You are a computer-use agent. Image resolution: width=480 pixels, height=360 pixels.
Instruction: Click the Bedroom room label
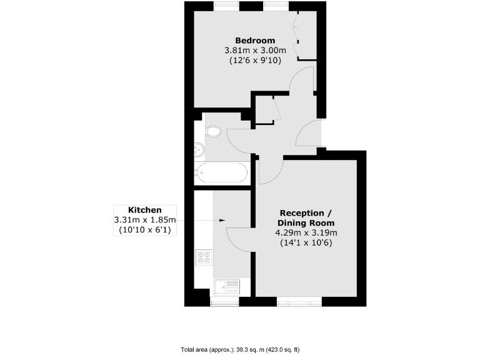click(x=255, y=41)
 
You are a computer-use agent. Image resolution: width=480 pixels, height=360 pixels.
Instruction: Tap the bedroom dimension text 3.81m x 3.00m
click(x=255, y=51)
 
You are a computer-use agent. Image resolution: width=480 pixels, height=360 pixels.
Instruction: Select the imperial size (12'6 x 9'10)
click(x=255, y=61)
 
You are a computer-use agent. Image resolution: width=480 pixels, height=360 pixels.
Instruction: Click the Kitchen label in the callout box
click(x=145, y=210)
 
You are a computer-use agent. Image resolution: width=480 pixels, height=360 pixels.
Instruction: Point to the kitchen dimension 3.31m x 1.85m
click(x=145, y=220)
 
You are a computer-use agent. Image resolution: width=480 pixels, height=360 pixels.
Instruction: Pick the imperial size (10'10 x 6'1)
click(x=145, y=230)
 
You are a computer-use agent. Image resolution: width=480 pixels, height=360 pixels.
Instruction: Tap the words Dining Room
click(x=306, y=222)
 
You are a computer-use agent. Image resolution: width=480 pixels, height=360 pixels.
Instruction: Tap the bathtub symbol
click(x=222, y=172)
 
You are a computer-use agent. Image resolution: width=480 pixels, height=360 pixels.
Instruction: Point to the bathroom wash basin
click(x=199, y=150)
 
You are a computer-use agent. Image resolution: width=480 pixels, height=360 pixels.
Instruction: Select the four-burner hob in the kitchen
click(x=204, y=256)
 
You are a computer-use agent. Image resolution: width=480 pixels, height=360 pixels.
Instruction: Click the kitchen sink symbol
click(x=226, y=287)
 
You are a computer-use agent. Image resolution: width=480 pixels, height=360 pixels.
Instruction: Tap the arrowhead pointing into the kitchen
click(x=222, y=220)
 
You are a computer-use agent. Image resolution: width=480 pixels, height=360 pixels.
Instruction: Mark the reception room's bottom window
click(x=299, y=301)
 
